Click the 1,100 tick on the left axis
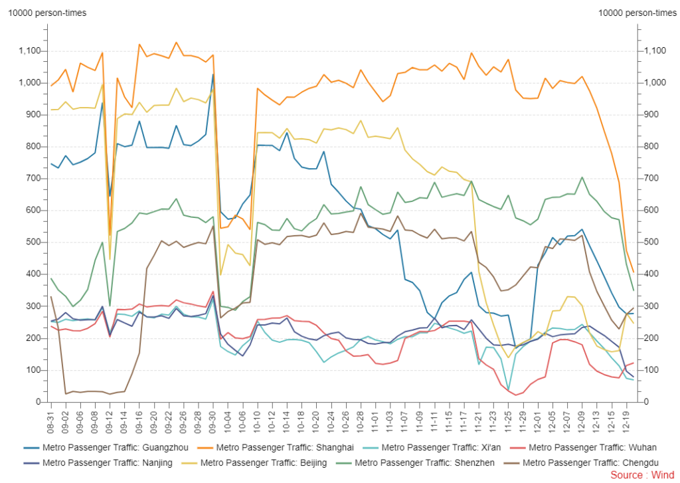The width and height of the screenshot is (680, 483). click(31, 51)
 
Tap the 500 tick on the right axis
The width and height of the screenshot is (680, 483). click(649, 242)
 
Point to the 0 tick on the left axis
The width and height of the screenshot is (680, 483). click(39, 402)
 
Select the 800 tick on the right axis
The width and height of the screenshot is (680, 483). click(649, 147)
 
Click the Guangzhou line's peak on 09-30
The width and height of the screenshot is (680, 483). click(213, 74)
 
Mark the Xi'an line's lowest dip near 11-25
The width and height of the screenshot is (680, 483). click(508, 391)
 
